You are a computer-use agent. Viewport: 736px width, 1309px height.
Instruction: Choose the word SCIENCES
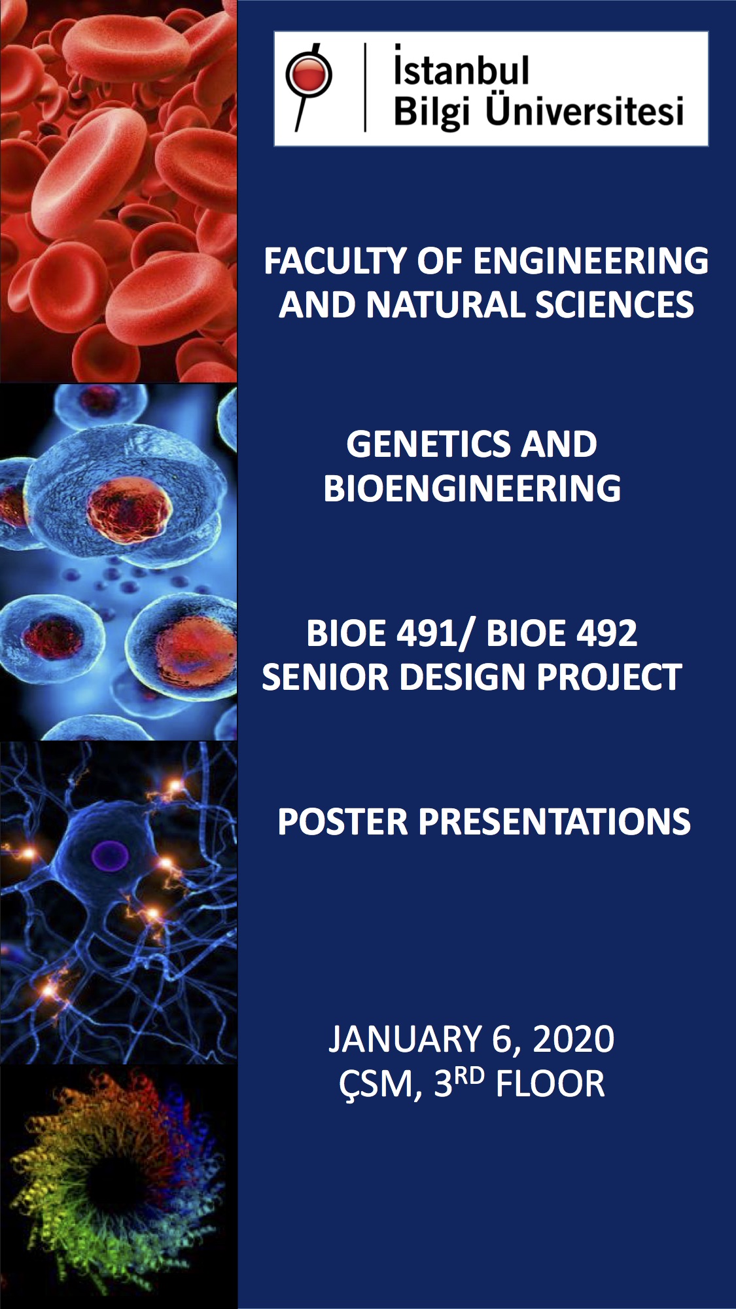(614, 305)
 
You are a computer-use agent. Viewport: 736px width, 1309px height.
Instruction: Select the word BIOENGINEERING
(472, 488)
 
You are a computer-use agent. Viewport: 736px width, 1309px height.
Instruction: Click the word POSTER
(343, 821)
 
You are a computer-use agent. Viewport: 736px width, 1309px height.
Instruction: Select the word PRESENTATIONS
(554, 821)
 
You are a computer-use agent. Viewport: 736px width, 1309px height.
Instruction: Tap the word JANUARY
(405, 1039)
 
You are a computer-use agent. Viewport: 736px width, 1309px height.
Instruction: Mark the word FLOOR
(550, 1084)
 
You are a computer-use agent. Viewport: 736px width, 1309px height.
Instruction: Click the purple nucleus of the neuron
(109, 855)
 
